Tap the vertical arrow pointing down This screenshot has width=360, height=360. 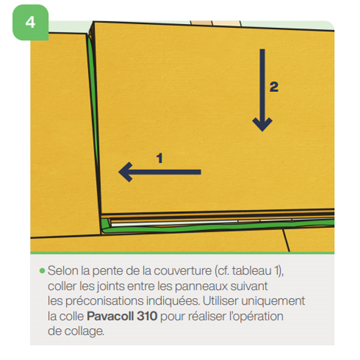point(262,90)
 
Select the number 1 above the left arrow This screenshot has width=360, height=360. point(160,158)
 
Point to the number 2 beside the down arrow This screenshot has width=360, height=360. point(274,87)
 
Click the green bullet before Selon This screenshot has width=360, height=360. point(42,271)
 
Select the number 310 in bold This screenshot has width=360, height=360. point(145,315)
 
